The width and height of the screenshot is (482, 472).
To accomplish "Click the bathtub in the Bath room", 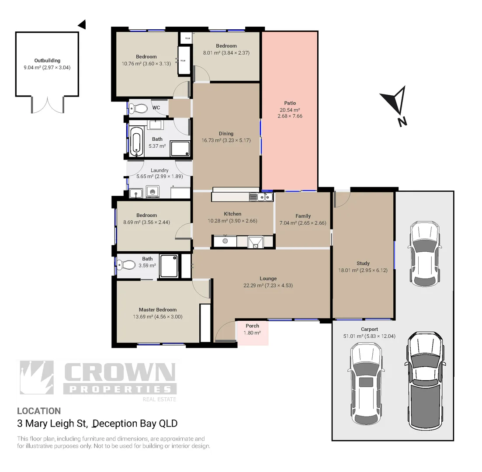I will (x=136, y=142).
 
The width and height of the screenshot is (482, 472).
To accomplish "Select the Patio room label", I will (x=290, y=103).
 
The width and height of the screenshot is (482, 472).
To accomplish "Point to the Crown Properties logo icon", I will (x=37, y=378).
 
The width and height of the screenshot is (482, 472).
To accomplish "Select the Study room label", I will (x=363, y=263).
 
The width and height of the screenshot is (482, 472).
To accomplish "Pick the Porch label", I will (x=252, y=326).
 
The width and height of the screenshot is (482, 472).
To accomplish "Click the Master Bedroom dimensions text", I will (x=157, y=317).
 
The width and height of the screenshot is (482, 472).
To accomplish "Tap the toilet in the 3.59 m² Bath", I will (x=127, y=264).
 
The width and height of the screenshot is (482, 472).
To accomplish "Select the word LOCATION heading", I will (x=39, y=411).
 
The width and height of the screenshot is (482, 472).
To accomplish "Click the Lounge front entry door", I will (x=225, y=332).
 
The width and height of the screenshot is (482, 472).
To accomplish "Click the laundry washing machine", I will (x=153, y=191).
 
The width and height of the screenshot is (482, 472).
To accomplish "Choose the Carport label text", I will (x=369, y=329).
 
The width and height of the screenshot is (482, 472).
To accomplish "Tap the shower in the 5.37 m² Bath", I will (x=180, y=149).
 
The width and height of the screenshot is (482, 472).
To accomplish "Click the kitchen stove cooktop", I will (x=225, y=241).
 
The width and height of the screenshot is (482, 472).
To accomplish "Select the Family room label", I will (x=303, y=216).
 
